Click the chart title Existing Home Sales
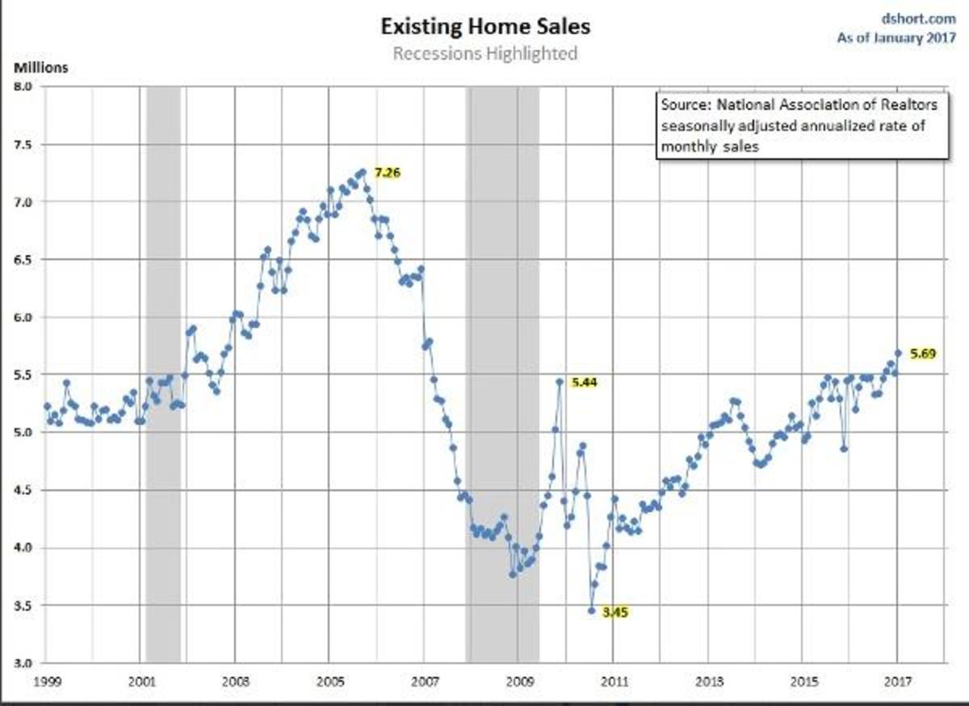point(485,27)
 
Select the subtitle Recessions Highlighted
point(485,54)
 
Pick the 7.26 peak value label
point(388,172)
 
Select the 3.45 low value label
point(615,612)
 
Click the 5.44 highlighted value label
point(584,382)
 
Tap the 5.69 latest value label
point(922,353)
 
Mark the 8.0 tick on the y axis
point(25,86)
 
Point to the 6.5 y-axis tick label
point(25,259)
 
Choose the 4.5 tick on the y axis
point(25,490)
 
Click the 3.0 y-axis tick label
point(25,663)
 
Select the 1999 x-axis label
point(45,679)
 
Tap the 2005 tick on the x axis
point(329,679)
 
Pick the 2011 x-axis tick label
point(613,679)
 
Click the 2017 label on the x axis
point(898,679)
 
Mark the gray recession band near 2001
point(163,372)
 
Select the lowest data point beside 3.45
point(591,611)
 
